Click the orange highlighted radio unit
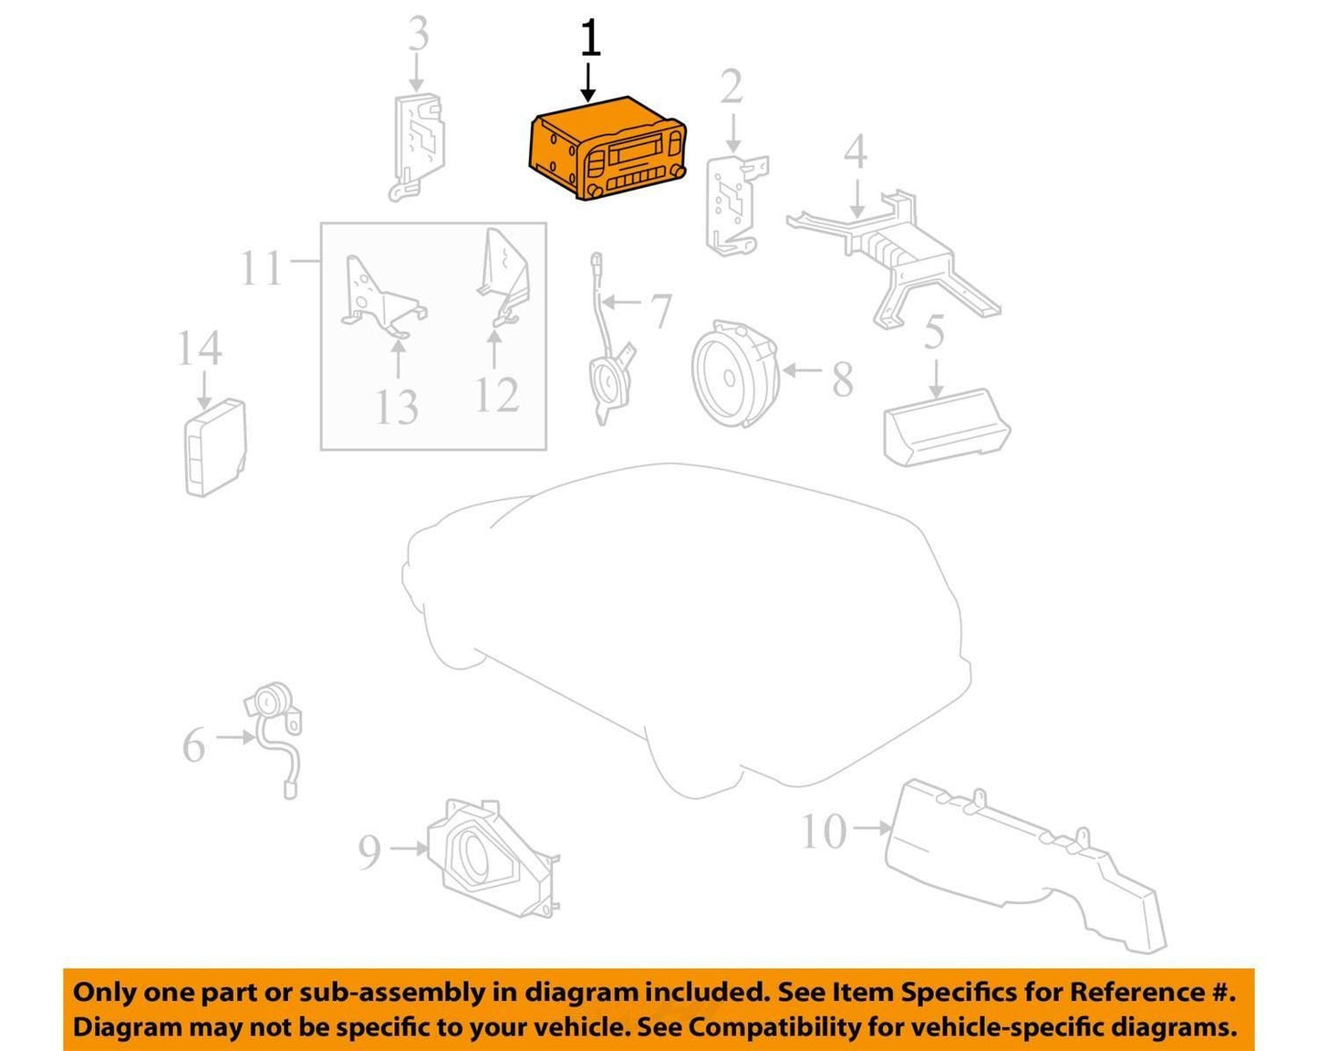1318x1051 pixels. (607, 149)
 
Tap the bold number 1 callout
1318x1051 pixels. (590, 38)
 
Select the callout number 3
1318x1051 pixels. (419, 33)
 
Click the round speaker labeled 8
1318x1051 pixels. (736, 373)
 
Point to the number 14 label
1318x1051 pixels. (200, 349)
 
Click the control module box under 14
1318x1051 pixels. (215, 447)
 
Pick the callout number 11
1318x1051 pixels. (262, 268)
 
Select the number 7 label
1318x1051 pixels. (661, 311)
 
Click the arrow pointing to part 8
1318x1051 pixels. (803, 370)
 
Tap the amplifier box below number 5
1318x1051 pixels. (947, 427)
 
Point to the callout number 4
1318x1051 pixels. (856, 151)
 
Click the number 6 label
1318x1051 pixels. (194, 745)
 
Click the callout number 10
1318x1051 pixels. (825, 831)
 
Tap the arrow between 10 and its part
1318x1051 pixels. (872, 828)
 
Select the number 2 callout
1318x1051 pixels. (732, 87)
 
